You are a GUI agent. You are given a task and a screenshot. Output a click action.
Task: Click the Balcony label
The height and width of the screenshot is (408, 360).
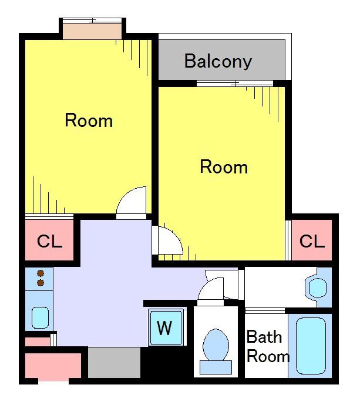tap(218, 61)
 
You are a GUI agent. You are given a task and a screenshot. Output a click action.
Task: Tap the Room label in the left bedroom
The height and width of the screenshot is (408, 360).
tap(89, 121)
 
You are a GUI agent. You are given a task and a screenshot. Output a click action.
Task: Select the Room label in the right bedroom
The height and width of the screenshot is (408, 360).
tap(224, 167)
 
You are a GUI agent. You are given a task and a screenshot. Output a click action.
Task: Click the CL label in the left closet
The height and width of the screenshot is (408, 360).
tap(50, 241)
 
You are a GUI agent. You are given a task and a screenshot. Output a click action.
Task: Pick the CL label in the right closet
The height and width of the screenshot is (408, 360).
tap(312, 241)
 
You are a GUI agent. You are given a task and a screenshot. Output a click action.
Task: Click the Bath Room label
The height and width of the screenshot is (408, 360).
tap(268, 346)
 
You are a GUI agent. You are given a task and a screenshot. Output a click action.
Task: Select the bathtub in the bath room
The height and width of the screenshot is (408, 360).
tap(311, 346)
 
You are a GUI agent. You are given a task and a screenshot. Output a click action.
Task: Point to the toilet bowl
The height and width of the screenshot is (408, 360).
tap(216, 345)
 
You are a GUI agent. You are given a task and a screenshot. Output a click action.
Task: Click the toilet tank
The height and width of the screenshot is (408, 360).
tap(216, 367)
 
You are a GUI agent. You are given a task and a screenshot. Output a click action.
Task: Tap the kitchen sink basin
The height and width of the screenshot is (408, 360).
tap(41, 317)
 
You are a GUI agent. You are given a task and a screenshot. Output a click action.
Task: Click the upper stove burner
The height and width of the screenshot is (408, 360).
tap(41, 273)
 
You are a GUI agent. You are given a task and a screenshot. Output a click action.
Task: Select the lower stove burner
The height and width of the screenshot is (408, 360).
tap(41, 283)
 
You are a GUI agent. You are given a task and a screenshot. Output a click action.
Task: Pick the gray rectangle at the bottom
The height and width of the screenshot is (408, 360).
tap(114, 363)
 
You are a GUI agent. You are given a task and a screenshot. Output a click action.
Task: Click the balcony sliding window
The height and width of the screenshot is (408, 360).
tap(235, 83)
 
